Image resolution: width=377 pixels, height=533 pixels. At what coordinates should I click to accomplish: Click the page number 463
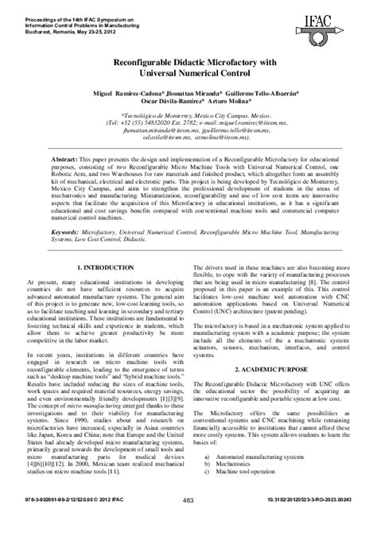click(x=188, y=522)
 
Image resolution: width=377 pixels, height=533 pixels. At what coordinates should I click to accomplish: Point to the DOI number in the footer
click(x=321, y=522)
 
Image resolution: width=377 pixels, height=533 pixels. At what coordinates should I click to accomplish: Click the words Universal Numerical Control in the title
click(x=188, y=74)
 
